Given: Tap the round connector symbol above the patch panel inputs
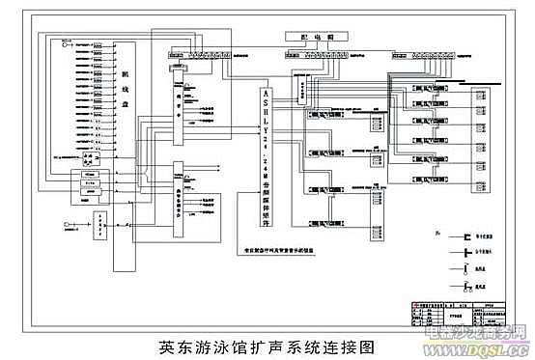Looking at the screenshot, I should coord(65,40).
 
